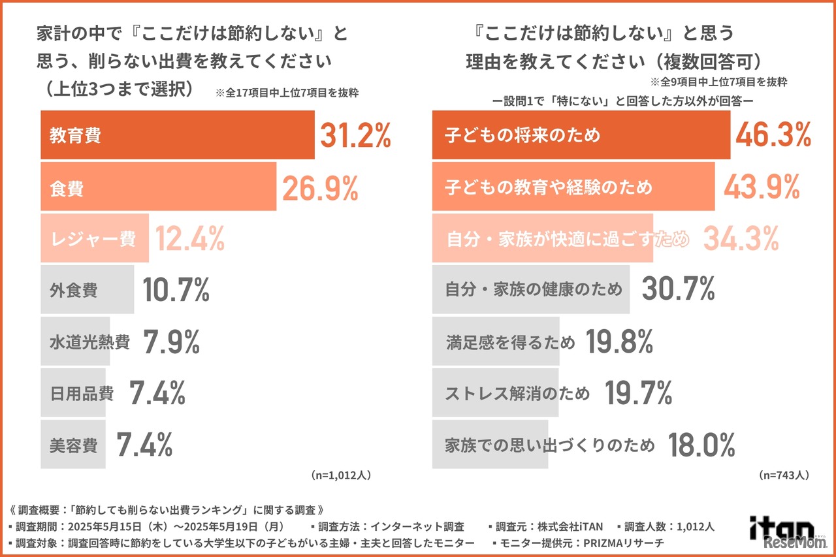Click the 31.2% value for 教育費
(x=355, y=136)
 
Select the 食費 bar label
(x=67, y=189)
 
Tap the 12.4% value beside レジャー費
(x=189, y=240)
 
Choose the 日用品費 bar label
(x=82, y=394)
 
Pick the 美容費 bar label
(x=73, y=445)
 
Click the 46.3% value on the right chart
(x=773, y=136)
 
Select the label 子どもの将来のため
(x=522, y=136)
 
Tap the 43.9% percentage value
(x=762, y=187)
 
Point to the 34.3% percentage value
(x=741, y=239)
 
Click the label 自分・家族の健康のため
(x=534, y=289)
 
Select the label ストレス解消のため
(x=517, y=393)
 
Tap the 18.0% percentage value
(x=701, y=445)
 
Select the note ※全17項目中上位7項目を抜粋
(x=287, y=93)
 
